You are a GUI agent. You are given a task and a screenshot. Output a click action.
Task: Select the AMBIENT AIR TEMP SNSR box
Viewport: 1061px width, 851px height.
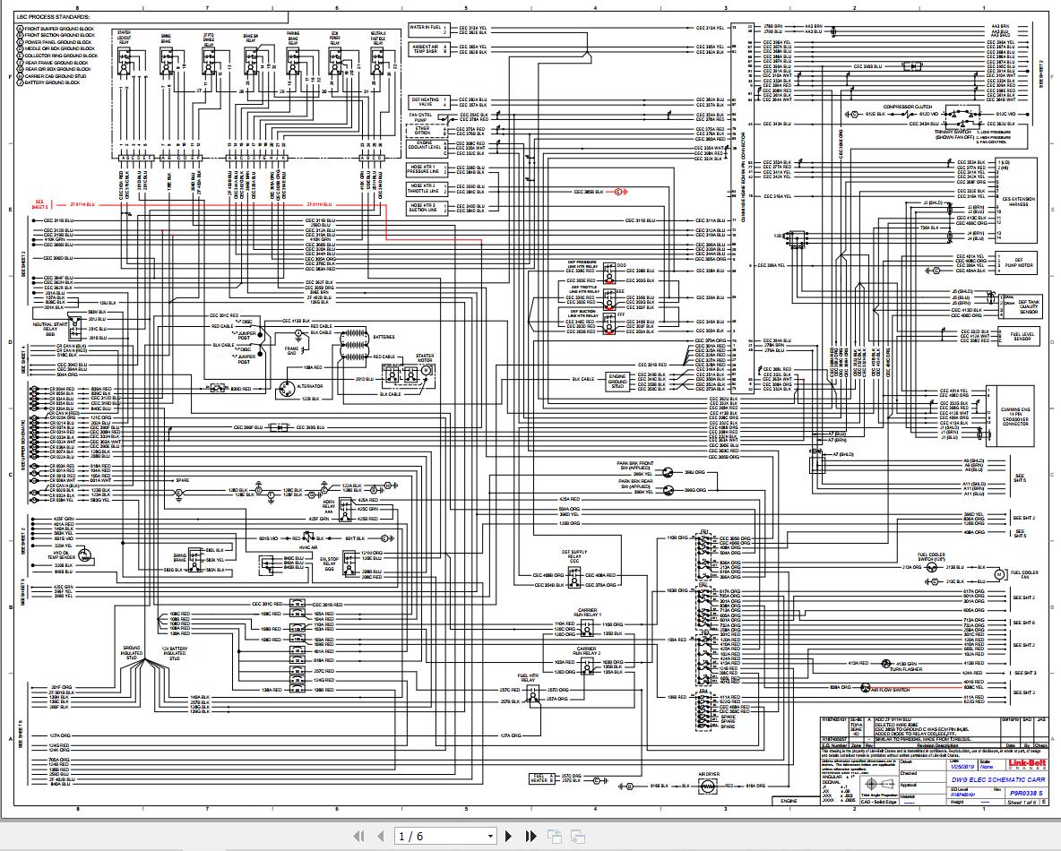click(x=426, y=49)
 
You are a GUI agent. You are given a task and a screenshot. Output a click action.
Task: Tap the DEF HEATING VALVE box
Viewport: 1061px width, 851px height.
click(x=426, y=102)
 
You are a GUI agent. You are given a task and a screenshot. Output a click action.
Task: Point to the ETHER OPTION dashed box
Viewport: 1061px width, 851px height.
click(x=422, y=131)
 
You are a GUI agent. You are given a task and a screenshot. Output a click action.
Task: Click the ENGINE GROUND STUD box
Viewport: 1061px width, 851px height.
click(x=617, y=379)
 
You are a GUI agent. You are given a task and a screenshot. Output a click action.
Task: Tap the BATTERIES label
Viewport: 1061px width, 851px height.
click(x=384, y=337)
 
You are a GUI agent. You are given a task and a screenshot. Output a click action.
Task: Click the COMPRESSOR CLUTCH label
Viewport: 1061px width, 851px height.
click(x=910, y=105)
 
